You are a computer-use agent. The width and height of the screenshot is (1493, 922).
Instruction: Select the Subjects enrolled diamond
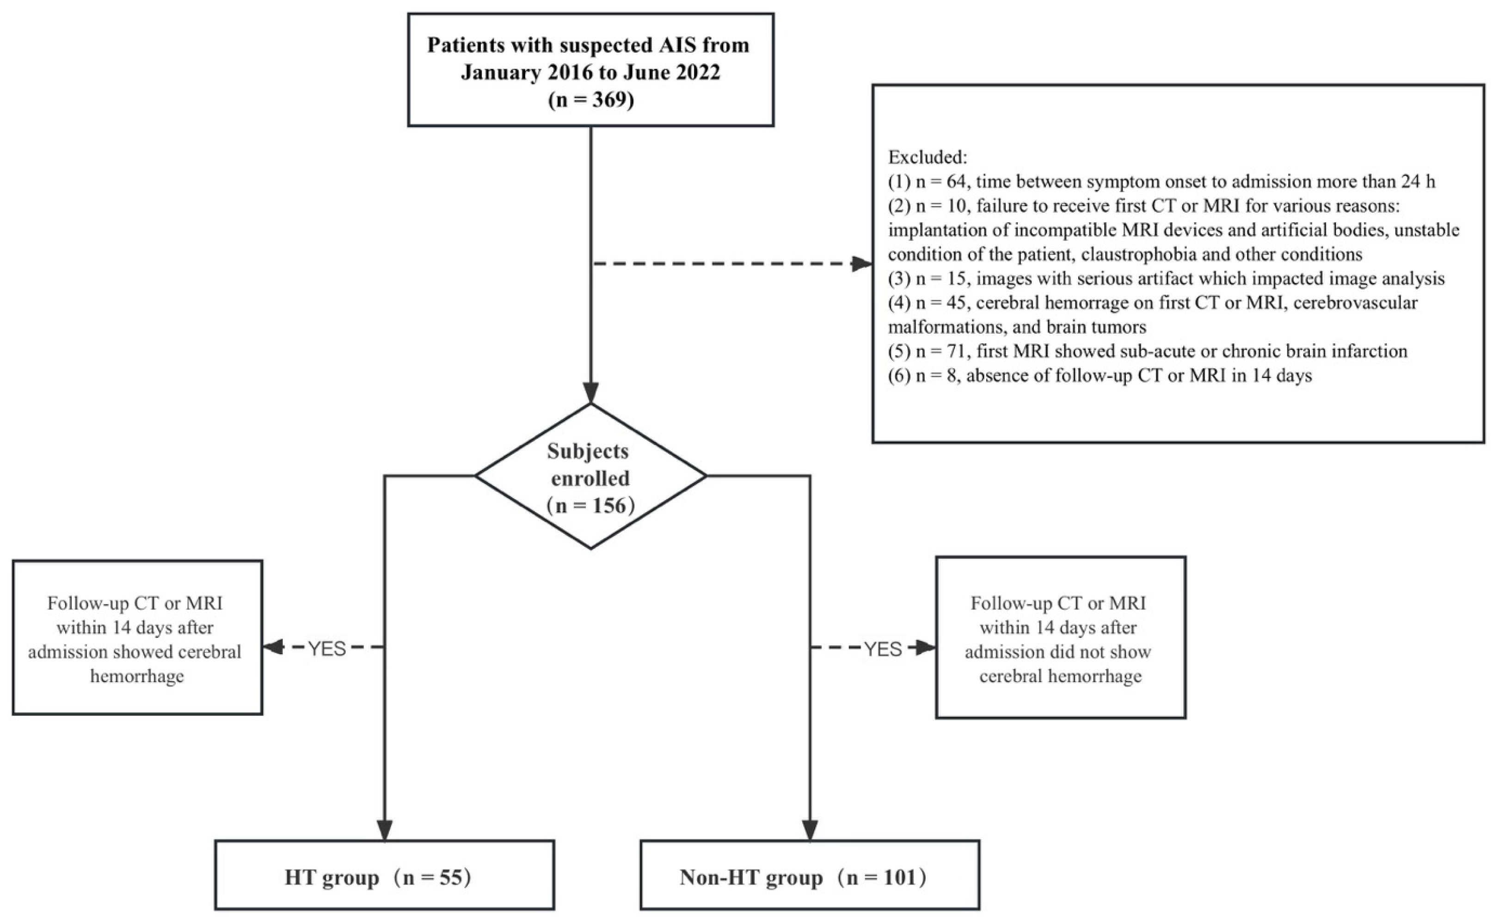590,477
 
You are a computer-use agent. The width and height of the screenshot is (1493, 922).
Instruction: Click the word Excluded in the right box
927,157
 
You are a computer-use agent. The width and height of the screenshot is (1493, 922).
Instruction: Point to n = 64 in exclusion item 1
940,182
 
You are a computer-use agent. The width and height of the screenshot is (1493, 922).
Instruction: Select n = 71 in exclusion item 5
940,351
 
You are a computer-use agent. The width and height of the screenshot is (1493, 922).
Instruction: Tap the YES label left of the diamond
327,649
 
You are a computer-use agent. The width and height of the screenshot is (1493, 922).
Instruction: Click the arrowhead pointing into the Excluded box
862,264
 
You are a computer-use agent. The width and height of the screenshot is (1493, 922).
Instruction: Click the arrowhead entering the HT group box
384,830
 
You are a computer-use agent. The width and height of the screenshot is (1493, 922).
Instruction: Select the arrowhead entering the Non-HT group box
809,830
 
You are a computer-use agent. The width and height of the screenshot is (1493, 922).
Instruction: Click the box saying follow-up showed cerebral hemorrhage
137,638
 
